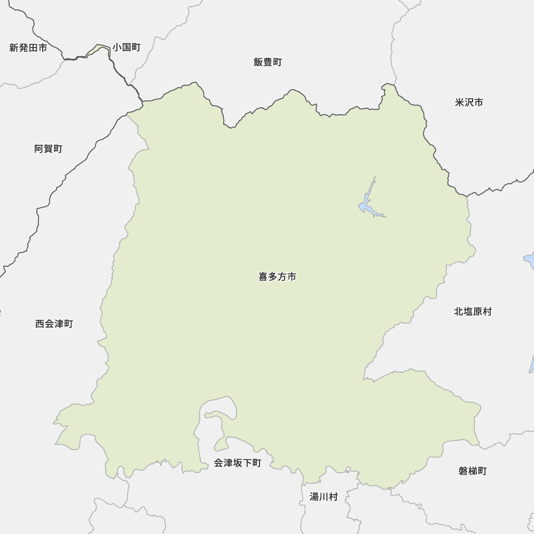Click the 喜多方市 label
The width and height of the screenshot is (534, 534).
click(x=277, y=277)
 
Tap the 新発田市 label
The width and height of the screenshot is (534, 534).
click(x=28, y=48)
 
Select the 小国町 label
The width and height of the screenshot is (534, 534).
click(x=127, y=48)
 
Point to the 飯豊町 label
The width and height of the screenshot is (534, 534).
click(x=268, y=62)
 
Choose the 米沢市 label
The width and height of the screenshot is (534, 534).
click(x=469, y=102)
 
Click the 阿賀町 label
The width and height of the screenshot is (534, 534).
click(x=48, y=149)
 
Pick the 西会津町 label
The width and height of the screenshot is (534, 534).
click(x=54, y=324)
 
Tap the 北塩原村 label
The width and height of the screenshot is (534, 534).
click(x=473, y=311)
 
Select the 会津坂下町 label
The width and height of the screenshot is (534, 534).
click(x=238, y=463)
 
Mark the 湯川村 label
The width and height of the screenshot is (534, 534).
click(x=324, y=497)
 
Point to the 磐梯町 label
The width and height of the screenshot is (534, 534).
click(x=473, y=471)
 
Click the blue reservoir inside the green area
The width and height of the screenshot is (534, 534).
click(x=365, y=205)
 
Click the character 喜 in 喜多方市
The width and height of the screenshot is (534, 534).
click(x=263, y=277)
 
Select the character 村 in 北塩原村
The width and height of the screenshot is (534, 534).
click(x=487, y=311)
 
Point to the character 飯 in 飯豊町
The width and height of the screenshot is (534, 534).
click(x=258, y=62)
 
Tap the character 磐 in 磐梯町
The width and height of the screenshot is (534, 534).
click(x=463, y=471)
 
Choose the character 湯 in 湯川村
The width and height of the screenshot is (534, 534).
click(x=315, y=497)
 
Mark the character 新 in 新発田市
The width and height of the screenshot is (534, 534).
click(x=14, y=48)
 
